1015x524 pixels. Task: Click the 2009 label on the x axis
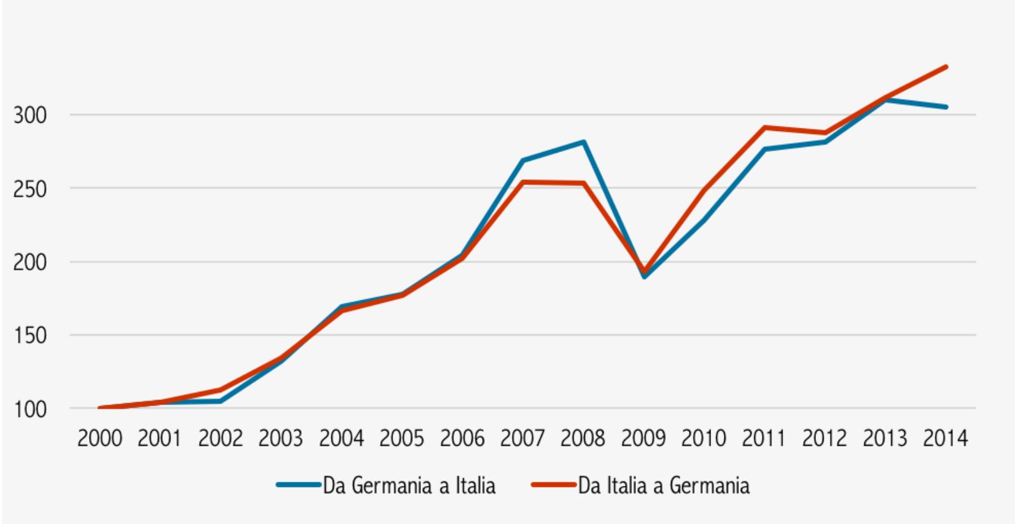coord(644,438)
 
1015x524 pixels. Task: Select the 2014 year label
coord(945,438)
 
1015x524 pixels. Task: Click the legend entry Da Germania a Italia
coord(409,486)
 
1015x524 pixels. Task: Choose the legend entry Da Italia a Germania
coord(663,486)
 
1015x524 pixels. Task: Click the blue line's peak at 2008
coord(583,142)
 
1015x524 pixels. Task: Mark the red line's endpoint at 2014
coord(946,67)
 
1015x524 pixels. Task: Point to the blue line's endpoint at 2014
coord(946,107)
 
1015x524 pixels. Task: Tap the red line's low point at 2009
coord(644,272)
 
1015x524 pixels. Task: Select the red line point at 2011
coord(765,128)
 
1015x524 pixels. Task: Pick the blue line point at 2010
coord(705,220)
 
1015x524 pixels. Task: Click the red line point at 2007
coord(523,182)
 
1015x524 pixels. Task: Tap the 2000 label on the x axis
coord(100,438)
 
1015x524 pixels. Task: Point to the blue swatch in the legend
coord(298,485)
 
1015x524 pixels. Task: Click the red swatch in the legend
coord(553,485)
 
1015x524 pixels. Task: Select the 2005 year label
coord(402,438)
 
